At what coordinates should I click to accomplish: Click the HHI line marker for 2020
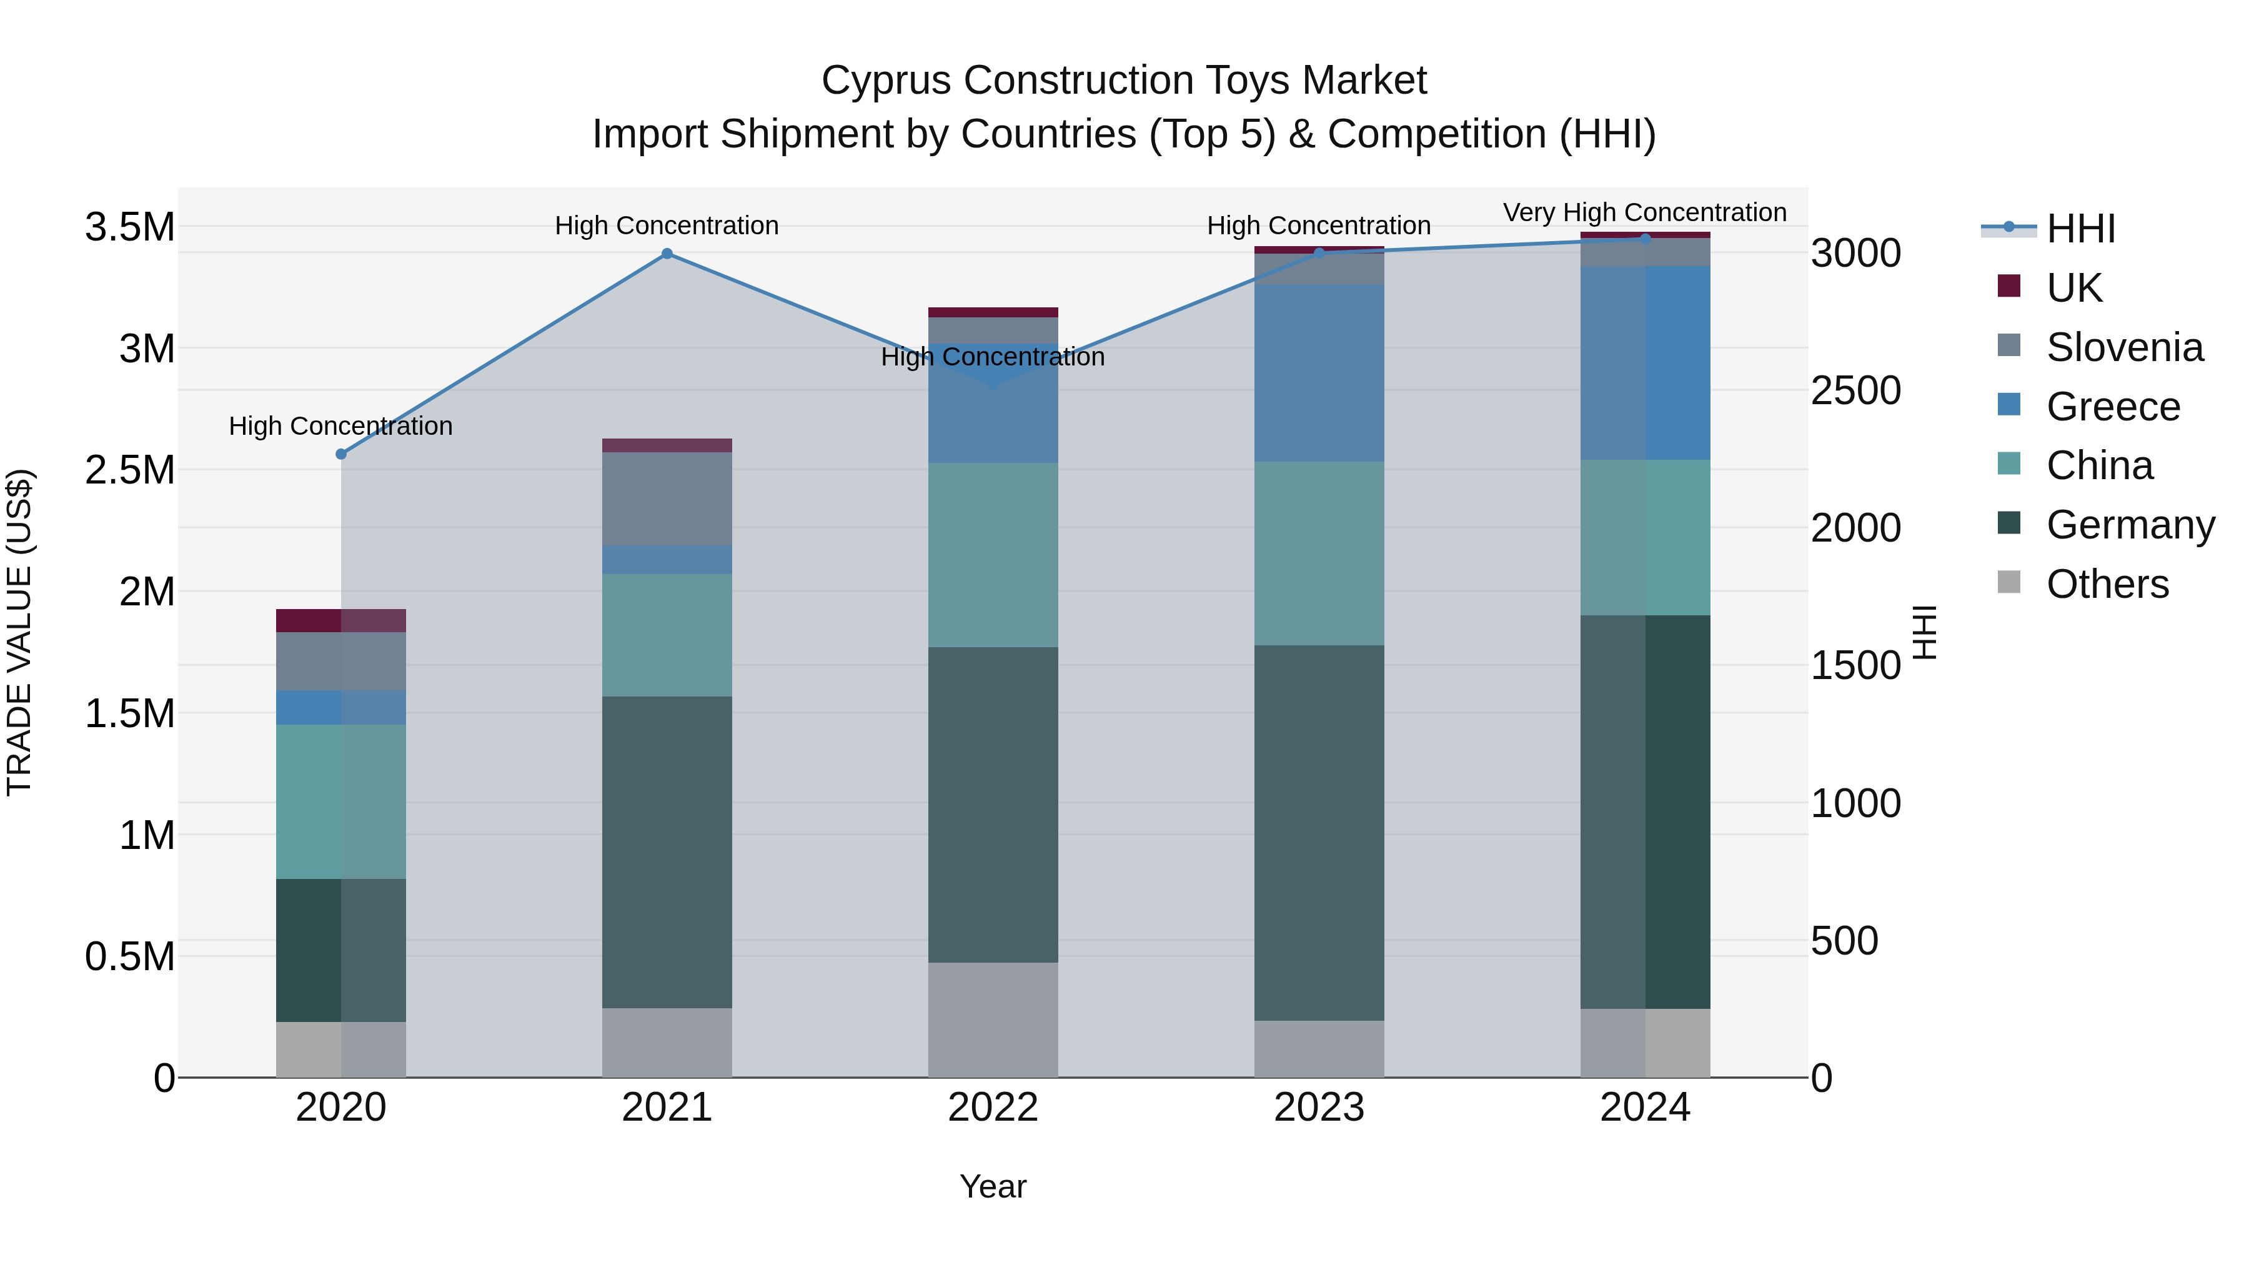(341, 454)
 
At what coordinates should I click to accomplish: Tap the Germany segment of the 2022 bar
(993, 804)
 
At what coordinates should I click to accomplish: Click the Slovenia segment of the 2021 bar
(667, 499)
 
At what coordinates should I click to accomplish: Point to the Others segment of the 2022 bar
(993, 1019)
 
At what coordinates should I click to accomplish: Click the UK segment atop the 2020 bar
(340, 620)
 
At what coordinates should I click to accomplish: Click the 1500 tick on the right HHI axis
(1855, 665)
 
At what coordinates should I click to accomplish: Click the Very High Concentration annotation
(1644, 212)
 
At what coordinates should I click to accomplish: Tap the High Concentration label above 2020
(340, 426)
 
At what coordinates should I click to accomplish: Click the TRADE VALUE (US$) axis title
(19, 632)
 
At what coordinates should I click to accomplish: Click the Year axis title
(993, 1186)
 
